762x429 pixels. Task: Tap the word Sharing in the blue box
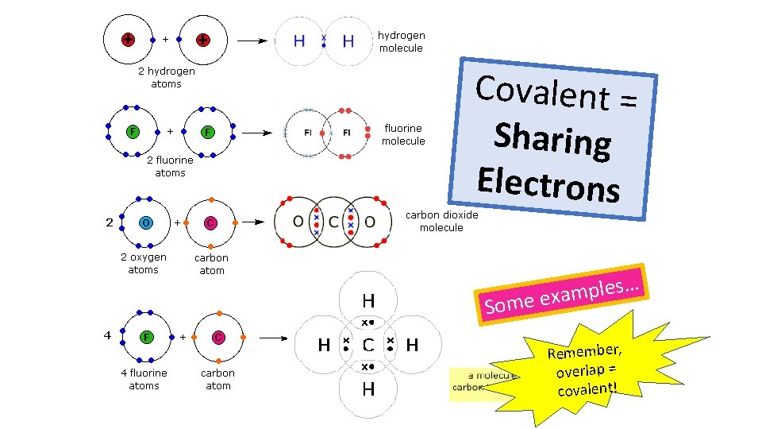[552, 139]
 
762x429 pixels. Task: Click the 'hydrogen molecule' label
[401, 41]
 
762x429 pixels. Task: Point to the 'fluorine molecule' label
[403, 134]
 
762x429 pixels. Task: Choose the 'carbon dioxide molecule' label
[441, 221]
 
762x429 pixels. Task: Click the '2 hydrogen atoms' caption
[167, 77]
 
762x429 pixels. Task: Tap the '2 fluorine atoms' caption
[170, 166]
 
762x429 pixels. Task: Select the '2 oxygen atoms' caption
[144, 263]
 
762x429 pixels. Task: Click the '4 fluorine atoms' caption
[144, 379]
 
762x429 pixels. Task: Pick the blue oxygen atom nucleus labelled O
[146, 222]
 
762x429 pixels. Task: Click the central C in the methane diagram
[368, 346]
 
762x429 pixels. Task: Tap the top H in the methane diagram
[368, 302]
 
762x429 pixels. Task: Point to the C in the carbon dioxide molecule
[333, 221]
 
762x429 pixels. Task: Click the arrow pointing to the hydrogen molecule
[252, 41]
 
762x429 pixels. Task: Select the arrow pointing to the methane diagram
[275, 338]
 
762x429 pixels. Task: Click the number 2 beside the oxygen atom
[109, 222]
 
